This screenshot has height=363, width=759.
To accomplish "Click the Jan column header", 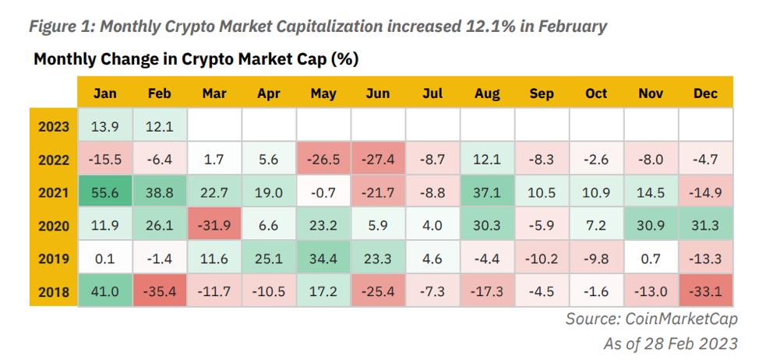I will pyautogui.click(x=105, y=93).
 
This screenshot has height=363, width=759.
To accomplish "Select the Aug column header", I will pyautogui.click(x=487, y=93).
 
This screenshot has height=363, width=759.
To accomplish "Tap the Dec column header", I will pyautogui.click(x=705, y=93).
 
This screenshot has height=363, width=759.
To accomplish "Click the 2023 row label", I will pyautogui.click(x=55, y=126).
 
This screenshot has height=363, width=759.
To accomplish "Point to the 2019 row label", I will pyautogui.click(x=55, y=259).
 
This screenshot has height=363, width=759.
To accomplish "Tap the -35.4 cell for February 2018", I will pyautogui.click(x=160, y=293).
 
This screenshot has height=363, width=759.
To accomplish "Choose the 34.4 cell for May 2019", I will pyautogui.click(x=323, y=259).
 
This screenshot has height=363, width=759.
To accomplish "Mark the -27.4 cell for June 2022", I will pyautogui.click(x=378, y=160).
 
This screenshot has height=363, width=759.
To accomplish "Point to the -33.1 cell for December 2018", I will pyautogui.click(x=705, y=293).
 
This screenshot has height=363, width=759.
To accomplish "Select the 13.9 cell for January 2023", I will pyautogui.click(x=105, y=126).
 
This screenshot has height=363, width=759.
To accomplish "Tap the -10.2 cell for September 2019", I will pyautogui.click(x=542, y=259).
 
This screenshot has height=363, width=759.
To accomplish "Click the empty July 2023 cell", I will pyautogui.click(x=432, y=126).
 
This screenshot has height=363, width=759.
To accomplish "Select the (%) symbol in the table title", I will pyautogui.click(x=344, y=59).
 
